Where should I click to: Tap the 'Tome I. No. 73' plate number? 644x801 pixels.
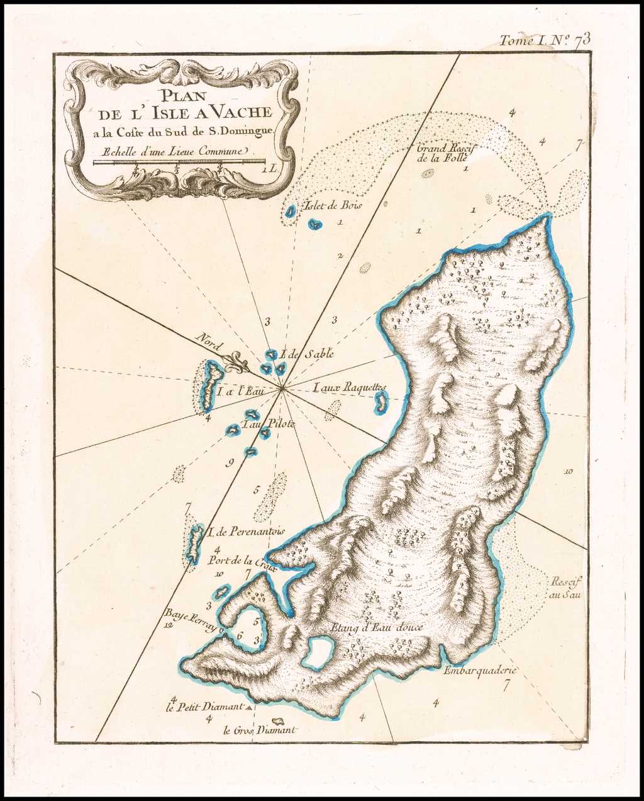pos(545,40)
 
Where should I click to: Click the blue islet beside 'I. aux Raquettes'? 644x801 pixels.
pos(380,402)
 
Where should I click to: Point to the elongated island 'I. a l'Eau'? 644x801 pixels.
pos(209,385)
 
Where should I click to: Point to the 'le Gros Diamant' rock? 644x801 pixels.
pos(275,721)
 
